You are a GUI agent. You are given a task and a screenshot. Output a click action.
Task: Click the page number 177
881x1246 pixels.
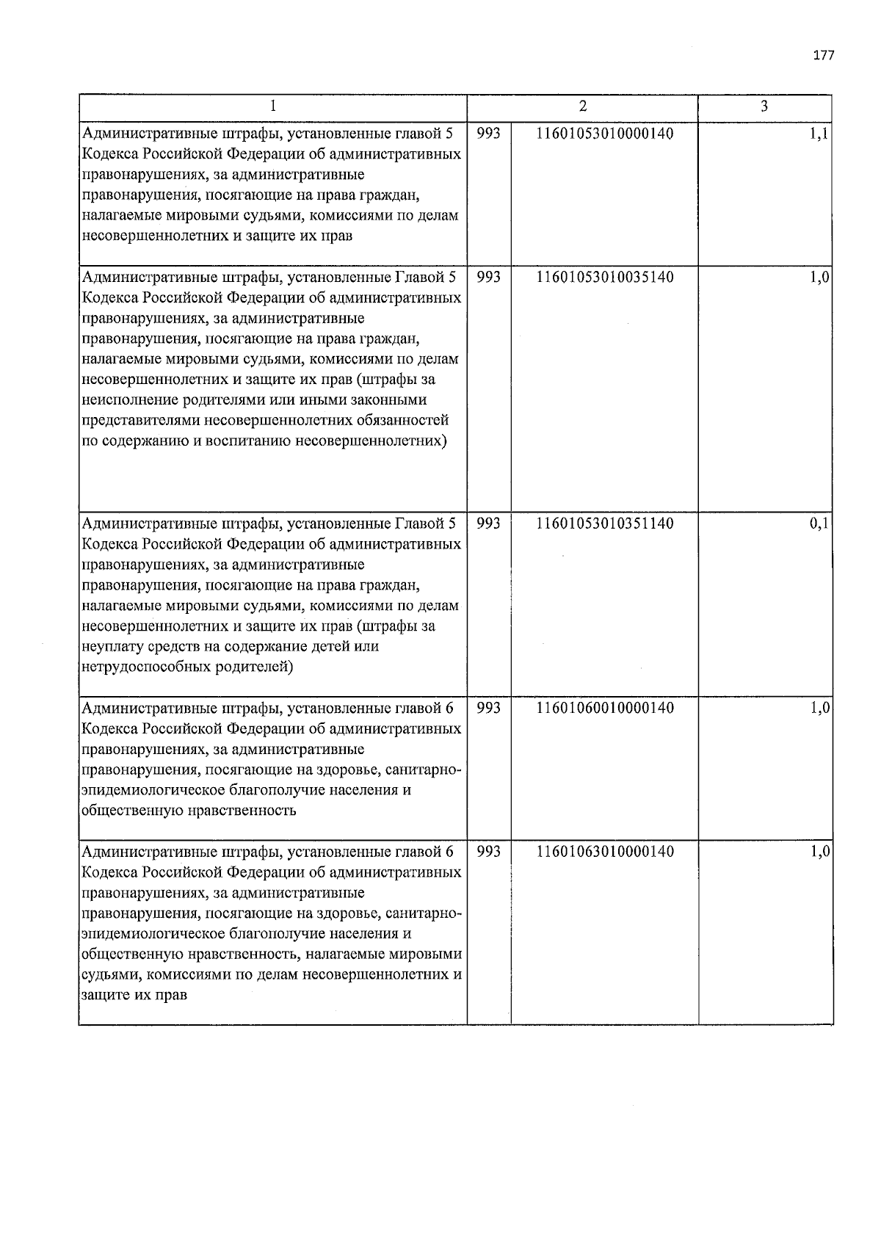pyautogui.click(x=824, y=56)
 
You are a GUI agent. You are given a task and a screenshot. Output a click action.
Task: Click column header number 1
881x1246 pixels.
pyautogui.click(x=272, y=106)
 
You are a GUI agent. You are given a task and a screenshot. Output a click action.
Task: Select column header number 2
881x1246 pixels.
pyautogui.click(x=582, y=106)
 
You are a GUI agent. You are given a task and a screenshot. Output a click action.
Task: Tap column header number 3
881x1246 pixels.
pyautogui.click(x=764, y=106)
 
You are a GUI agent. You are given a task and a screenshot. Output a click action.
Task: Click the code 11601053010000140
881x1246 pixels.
pyautogui.click(x=605, y=134)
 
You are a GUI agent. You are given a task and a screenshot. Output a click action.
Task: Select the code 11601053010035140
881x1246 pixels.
pyautogui.click(x=605, y=278)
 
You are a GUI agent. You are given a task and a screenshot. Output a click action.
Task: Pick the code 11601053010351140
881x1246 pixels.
pyautogui.click(x=605, y=524)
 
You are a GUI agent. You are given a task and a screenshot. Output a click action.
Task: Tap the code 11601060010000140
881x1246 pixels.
pyautogui.click(x=605, y=708)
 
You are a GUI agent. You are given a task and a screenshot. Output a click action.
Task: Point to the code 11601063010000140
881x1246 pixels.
pyautogui.click(x=605, y=852)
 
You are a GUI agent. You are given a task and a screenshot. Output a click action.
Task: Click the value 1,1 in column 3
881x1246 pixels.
pyautogui.click(x=819, y=134)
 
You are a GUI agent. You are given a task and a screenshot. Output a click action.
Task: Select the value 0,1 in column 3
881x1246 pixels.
pyautogui.click(x=819, y=524)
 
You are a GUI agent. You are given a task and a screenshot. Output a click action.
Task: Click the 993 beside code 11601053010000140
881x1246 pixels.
pyautogui.click(x=489, y=134)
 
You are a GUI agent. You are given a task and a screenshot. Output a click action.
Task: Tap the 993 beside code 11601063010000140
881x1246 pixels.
pyautogui.click(x=489, y=852)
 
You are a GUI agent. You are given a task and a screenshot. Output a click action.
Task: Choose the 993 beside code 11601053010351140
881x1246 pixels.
pyautogui.click(x=489, y=524)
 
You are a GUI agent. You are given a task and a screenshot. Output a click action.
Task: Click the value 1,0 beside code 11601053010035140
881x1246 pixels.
pyautogui.click(x=819, y=278)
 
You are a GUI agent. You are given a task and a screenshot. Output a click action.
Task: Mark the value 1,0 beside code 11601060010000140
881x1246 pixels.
pyautogui.click(x=819, y=709)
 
